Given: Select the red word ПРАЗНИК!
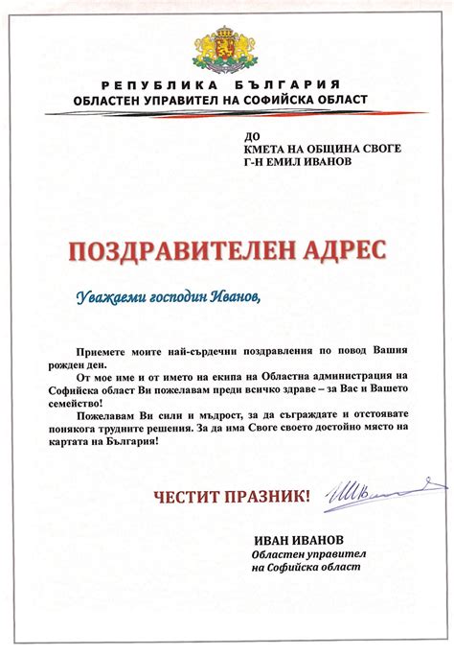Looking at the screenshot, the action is click(x=271, y=496).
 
